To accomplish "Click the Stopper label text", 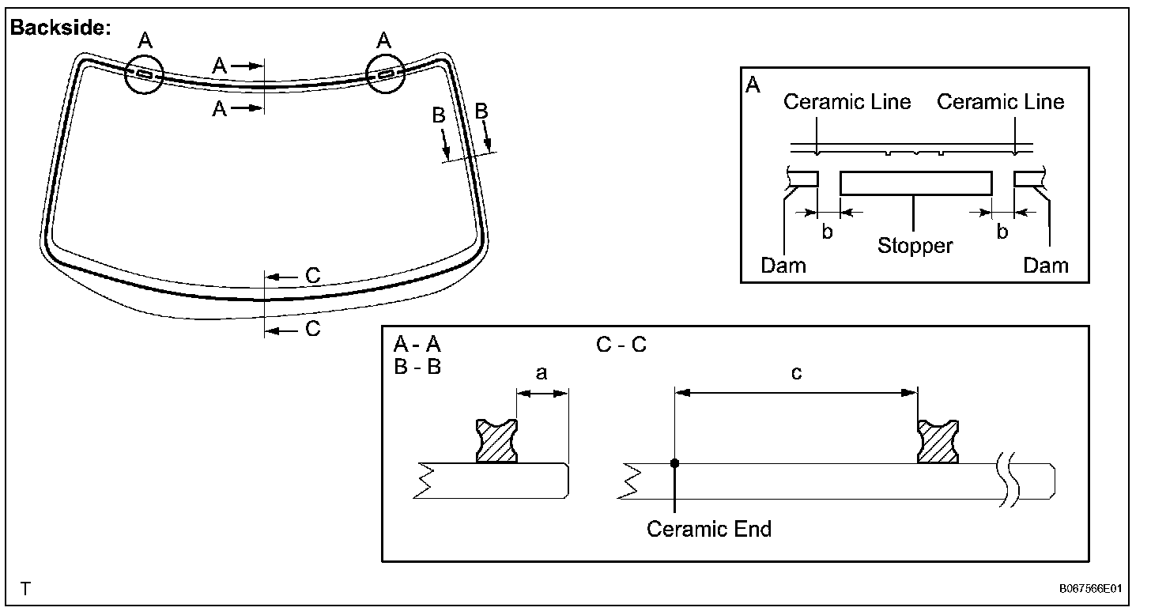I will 915,245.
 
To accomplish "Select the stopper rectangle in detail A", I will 915,183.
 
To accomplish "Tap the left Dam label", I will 783,265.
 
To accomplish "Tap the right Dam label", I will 1045,265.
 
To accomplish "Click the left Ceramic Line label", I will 847,102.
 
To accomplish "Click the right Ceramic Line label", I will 1000,102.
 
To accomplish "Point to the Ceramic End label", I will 709,528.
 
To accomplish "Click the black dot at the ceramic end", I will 674,463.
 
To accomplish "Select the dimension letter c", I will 796,373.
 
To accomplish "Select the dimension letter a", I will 542,373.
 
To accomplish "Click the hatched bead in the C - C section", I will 938,441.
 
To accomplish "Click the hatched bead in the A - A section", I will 496,441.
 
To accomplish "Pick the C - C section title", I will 621,345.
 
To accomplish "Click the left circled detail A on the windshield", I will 144,75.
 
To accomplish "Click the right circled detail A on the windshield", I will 384,75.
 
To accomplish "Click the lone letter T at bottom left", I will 26,589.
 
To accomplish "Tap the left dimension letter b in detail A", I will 828,232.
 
